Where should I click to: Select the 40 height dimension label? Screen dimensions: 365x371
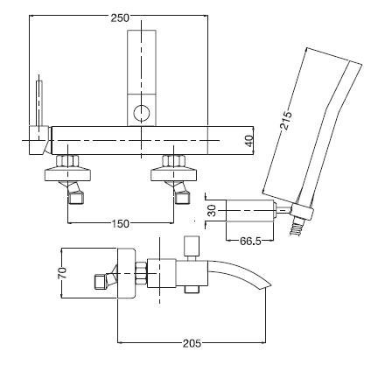pyautogui.click(x=249, y=140)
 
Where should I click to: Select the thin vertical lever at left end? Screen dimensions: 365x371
pyautogui.click(x=38, y=102)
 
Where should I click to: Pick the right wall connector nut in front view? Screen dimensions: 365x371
pyautogui.click(x=171, y=164)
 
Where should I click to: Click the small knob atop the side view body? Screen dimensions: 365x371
pyautogui.click(x=191, y=244)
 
